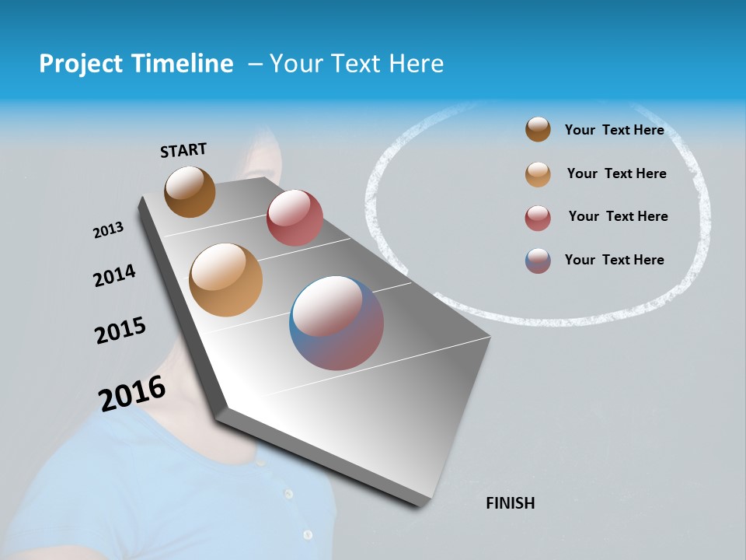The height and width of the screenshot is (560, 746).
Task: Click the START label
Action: [x=183, y=150]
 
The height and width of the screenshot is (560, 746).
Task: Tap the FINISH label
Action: [x=510, y=503]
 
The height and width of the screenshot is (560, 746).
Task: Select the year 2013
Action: [x=108, y=230]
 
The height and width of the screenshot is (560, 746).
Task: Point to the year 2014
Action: [x=114, y=275]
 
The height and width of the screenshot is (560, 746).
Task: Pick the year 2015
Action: [x=120, y=331]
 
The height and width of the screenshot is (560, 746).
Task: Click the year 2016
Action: [x=132, y=393]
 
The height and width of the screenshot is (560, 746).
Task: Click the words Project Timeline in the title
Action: [x=136, y=64]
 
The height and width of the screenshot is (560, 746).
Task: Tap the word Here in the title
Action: [x=416, y=64]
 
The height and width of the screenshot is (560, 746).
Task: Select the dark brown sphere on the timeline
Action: [x=190, y=191]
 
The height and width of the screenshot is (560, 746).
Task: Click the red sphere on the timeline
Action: [x=295, y=218]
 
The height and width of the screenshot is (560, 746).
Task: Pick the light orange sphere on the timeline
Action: [x=226, y=280]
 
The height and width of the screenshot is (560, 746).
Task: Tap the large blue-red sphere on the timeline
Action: [x=336, y=323]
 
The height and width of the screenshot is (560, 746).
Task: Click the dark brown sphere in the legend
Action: [x=538, y=130]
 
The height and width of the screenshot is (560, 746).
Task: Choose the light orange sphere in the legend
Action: [x=538, y=174]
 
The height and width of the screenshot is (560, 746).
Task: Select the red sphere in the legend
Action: [x=538, y=218]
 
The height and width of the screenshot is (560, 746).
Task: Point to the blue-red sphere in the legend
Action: [x=538, y=261]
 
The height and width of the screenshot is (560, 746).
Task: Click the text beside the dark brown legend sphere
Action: [x=614, y=130]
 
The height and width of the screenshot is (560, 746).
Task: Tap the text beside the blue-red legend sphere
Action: [x=614, y=260]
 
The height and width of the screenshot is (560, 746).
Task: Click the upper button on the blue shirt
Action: [x=288, y=494]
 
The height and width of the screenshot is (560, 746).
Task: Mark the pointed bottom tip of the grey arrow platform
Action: [x=420, y=506]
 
